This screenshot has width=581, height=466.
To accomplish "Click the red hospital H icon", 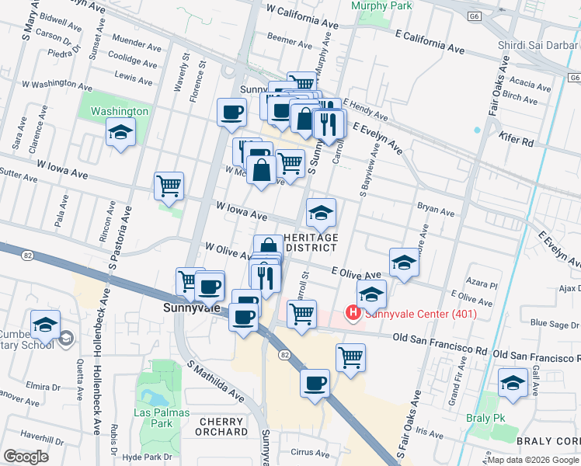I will [x=353, y=314].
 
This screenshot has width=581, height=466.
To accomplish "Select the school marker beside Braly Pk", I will [x=513, y=384].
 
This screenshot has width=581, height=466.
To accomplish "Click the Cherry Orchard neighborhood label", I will [x=223, y=426].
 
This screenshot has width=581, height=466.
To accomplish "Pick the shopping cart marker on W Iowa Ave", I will [x=169, y=186].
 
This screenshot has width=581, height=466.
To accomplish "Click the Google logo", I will [x=26, y=457].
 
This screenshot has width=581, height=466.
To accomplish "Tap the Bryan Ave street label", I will [x=435, y=210].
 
